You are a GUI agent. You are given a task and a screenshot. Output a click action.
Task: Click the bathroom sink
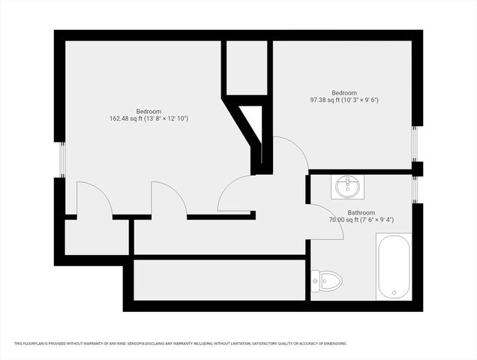coord(346,186)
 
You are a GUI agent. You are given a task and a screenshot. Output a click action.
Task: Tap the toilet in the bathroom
coord(329,282)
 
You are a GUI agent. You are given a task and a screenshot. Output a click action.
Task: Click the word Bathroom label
coord(361,212)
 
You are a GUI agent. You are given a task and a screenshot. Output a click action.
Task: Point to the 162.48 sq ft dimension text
coord(148,118)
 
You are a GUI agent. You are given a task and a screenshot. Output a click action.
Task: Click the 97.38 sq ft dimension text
coord(344,100)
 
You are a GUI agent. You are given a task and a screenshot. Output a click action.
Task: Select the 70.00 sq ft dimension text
coord(361,220)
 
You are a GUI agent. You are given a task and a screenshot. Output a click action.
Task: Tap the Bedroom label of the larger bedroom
coord(148,111)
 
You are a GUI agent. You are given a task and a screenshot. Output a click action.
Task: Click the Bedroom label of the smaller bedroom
coord(344,92)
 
